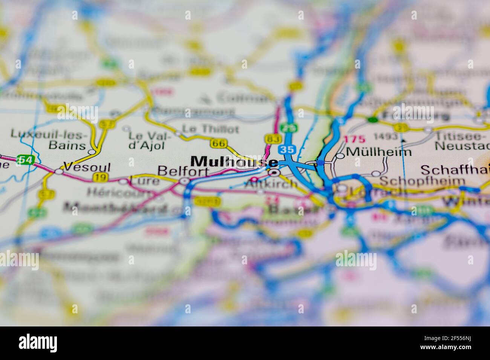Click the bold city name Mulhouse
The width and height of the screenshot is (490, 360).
[234, 162]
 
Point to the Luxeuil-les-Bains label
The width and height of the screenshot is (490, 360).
[49, 139]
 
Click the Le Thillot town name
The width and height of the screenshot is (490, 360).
[210, 129]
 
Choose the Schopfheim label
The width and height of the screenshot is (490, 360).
[422, 180]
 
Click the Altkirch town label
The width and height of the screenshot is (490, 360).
[271, 185]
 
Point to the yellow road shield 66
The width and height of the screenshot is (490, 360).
[219, 143]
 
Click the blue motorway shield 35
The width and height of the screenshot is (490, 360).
[286, 149]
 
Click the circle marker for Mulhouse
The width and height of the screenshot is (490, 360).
[275, 173]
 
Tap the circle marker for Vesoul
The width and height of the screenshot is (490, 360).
[59, 171]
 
